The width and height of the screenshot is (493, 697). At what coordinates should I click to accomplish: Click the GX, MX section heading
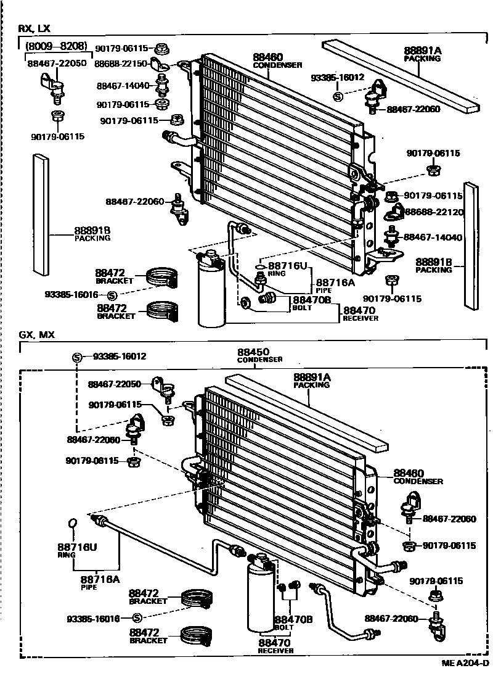pos(36,335)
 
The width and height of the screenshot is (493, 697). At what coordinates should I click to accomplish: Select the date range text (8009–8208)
pos(55,46)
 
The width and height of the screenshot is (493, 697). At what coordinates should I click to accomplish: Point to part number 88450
pos(252,352)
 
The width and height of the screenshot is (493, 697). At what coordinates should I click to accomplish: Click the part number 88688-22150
pos(121,64)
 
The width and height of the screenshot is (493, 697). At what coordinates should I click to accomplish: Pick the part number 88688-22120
pos(434,212)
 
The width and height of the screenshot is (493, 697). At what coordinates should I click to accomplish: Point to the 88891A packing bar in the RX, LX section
pos(401,74)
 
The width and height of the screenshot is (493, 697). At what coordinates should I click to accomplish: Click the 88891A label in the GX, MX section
pos(312,377)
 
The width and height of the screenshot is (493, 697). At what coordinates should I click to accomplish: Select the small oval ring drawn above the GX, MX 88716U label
pos(71,524)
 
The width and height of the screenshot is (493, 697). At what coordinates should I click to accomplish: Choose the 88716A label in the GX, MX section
pos(100,579)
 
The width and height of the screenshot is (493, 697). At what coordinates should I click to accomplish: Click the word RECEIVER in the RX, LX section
pos(361,318)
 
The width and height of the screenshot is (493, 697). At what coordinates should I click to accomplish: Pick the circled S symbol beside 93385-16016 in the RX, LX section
pos(112,296)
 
